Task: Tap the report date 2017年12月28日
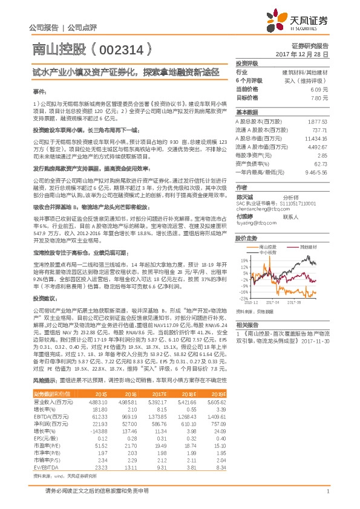point(303,54)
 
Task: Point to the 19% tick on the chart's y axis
point(243,261)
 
